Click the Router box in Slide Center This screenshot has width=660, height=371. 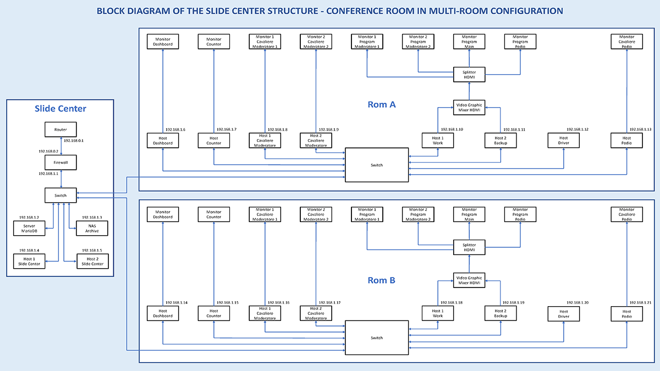coord(61,130)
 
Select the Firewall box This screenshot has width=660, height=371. coord(61,163)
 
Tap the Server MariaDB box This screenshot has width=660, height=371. coord(29,229)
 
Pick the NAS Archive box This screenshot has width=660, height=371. coord(92,229)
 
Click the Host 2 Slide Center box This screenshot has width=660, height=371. coord(92,262)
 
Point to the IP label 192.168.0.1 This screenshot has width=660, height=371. coord(74,141)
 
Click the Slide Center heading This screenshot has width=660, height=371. coord(61,109)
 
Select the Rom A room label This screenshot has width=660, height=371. coord(382,104)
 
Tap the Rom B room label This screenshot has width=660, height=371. coord(381,280)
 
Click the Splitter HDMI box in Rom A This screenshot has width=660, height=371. coord(469,75)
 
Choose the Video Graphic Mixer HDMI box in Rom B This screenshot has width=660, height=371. coord(469,280)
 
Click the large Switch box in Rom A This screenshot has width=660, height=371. coord(377,165)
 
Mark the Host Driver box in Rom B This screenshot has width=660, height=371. coord(564,314)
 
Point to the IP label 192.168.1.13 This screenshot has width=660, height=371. coord(641,130)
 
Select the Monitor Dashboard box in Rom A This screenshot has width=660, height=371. coord(163,42)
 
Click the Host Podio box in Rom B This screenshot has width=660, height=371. coord(626,314)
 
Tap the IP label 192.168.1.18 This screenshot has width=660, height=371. coord(452,303)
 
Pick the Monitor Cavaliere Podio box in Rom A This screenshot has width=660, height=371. coord(626,42)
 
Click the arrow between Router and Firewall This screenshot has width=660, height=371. coord(61,146)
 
